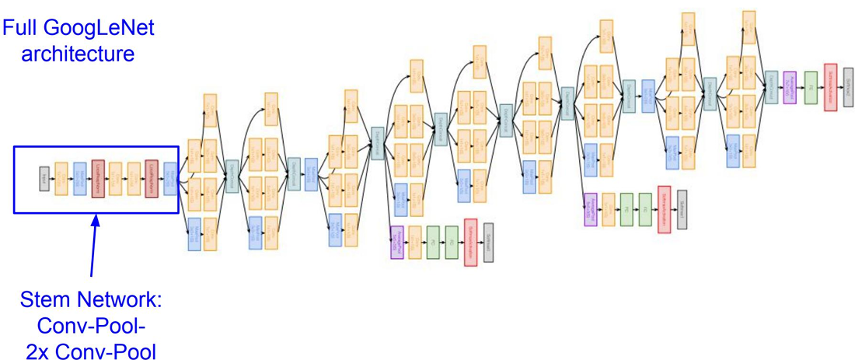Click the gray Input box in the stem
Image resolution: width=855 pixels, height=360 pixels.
tap(44, 179)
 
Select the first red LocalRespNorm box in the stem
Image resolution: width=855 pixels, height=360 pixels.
tap(97, 179)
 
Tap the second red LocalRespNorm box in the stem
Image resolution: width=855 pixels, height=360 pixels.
tap(152, 179)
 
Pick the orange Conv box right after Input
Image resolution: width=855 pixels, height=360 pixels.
tap(61, 179)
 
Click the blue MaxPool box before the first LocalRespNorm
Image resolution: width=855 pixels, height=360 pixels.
tap(79, 179)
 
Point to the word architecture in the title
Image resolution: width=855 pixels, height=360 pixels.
tap(79, 54)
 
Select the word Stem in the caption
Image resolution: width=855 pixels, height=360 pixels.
tap(44, 300)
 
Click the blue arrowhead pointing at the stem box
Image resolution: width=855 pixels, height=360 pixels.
tap(96, 220)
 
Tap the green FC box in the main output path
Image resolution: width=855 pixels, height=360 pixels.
tap(811, 82)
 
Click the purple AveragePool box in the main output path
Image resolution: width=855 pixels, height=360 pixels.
tap(790, 87)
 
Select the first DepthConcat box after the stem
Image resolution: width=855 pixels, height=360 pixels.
tap(232, 176)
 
